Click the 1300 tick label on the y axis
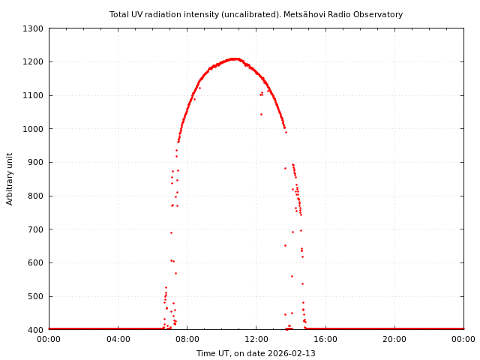click(x=33, y=28)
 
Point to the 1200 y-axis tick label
click(x=33, y=61)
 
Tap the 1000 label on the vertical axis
click(x=33, y=129)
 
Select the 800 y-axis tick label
click(x=35, y=196)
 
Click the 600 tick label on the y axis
click(x=35, y=262)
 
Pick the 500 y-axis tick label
click(x=35, y=296)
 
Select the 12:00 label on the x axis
click(x=256, y=339)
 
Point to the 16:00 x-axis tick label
click(x=325, y=339)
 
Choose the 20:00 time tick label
click(x=394, y=339)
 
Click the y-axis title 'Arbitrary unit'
click(x=10, y=178)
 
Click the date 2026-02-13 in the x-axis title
click(x=292, y=353)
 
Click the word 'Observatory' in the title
click(x=378, y=14)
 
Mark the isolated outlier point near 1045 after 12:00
click(x=261, y=114)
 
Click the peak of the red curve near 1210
click(x=234, y=58)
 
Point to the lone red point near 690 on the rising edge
click(x=171, y=232)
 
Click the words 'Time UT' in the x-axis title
click(x=214, y=353)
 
